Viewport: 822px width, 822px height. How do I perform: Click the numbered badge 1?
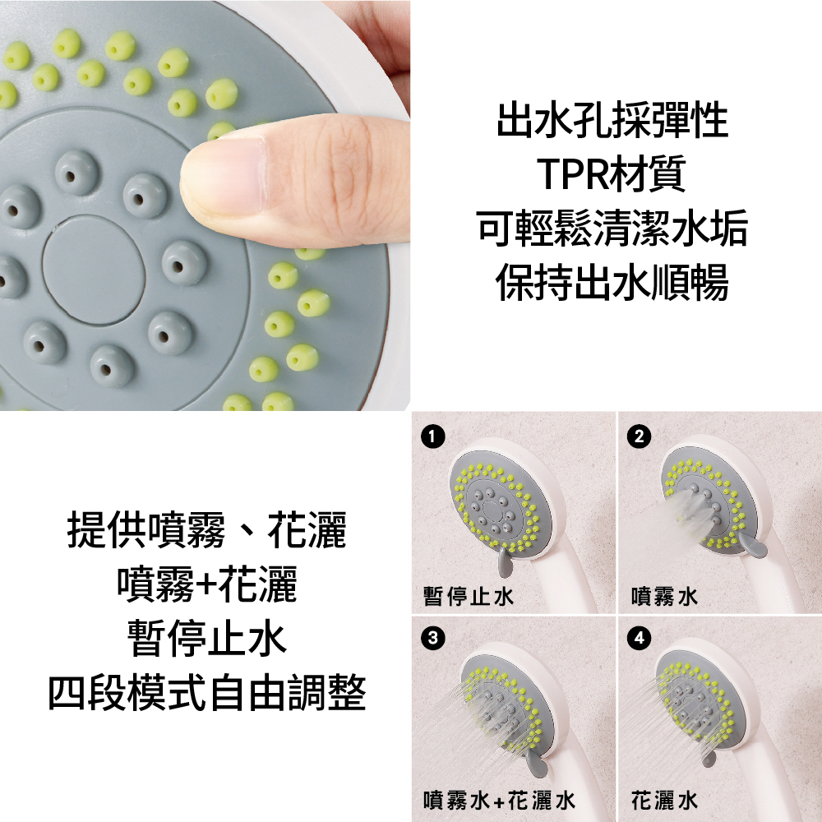432,436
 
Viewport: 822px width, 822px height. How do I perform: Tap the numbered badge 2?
639,436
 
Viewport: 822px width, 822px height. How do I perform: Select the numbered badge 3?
432,639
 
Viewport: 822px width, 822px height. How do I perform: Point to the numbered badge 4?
639,639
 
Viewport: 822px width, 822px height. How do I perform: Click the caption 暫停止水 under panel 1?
469,596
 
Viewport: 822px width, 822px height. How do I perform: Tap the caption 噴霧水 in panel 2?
665,596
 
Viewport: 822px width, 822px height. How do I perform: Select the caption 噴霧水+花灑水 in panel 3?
499,801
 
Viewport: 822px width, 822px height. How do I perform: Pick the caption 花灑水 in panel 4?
665,801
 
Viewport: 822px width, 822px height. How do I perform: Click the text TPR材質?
612,174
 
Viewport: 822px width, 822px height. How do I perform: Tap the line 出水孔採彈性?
612,120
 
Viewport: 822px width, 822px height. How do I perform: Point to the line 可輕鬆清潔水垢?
612,229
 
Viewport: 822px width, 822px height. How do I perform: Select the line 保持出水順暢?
612,283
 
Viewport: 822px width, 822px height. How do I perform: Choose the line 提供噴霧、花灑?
206,530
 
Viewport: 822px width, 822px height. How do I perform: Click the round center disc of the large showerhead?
94,270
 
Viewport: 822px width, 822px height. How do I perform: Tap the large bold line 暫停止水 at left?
206,639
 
